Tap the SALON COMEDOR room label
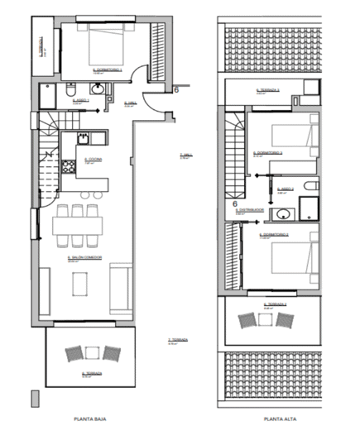84,258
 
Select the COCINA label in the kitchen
92,160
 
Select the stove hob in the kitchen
83,139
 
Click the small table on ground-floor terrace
94,355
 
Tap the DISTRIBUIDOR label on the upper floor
251,210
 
